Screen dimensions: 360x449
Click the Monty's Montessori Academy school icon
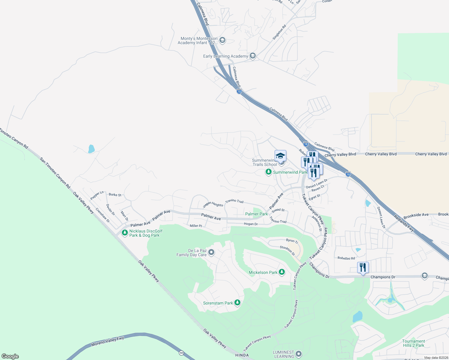click(222, 40)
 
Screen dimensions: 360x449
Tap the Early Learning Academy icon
click(253, 56)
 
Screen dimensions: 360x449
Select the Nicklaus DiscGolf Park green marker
click(125, 233)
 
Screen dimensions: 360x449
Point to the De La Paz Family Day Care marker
click(211, 252)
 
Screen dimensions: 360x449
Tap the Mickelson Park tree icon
click(282, 272)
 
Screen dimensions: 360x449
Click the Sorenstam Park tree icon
click(237, 302)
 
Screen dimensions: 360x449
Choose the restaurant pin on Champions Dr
click(363, 268)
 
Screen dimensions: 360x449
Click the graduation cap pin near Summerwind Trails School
click(280, 156)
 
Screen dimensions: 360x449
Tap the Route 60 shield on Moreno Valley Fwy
click(182, 353)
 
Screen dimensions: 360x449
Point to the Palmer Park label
click(256, 214)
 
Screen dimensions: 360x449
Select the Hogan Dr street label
click(251, 224)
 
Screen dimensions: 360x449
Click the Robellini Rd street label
click(346, 258)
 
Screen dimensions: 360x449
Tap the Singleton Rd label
click(279, 32)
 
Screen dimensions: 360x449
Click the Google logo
click(10, 356)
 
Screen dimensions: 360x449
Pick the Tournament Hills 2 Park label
click(413, 343)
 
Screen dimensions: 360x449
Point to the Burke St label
click(115, 195)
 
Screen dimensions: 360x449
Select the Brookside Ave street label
click(416, 215)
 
